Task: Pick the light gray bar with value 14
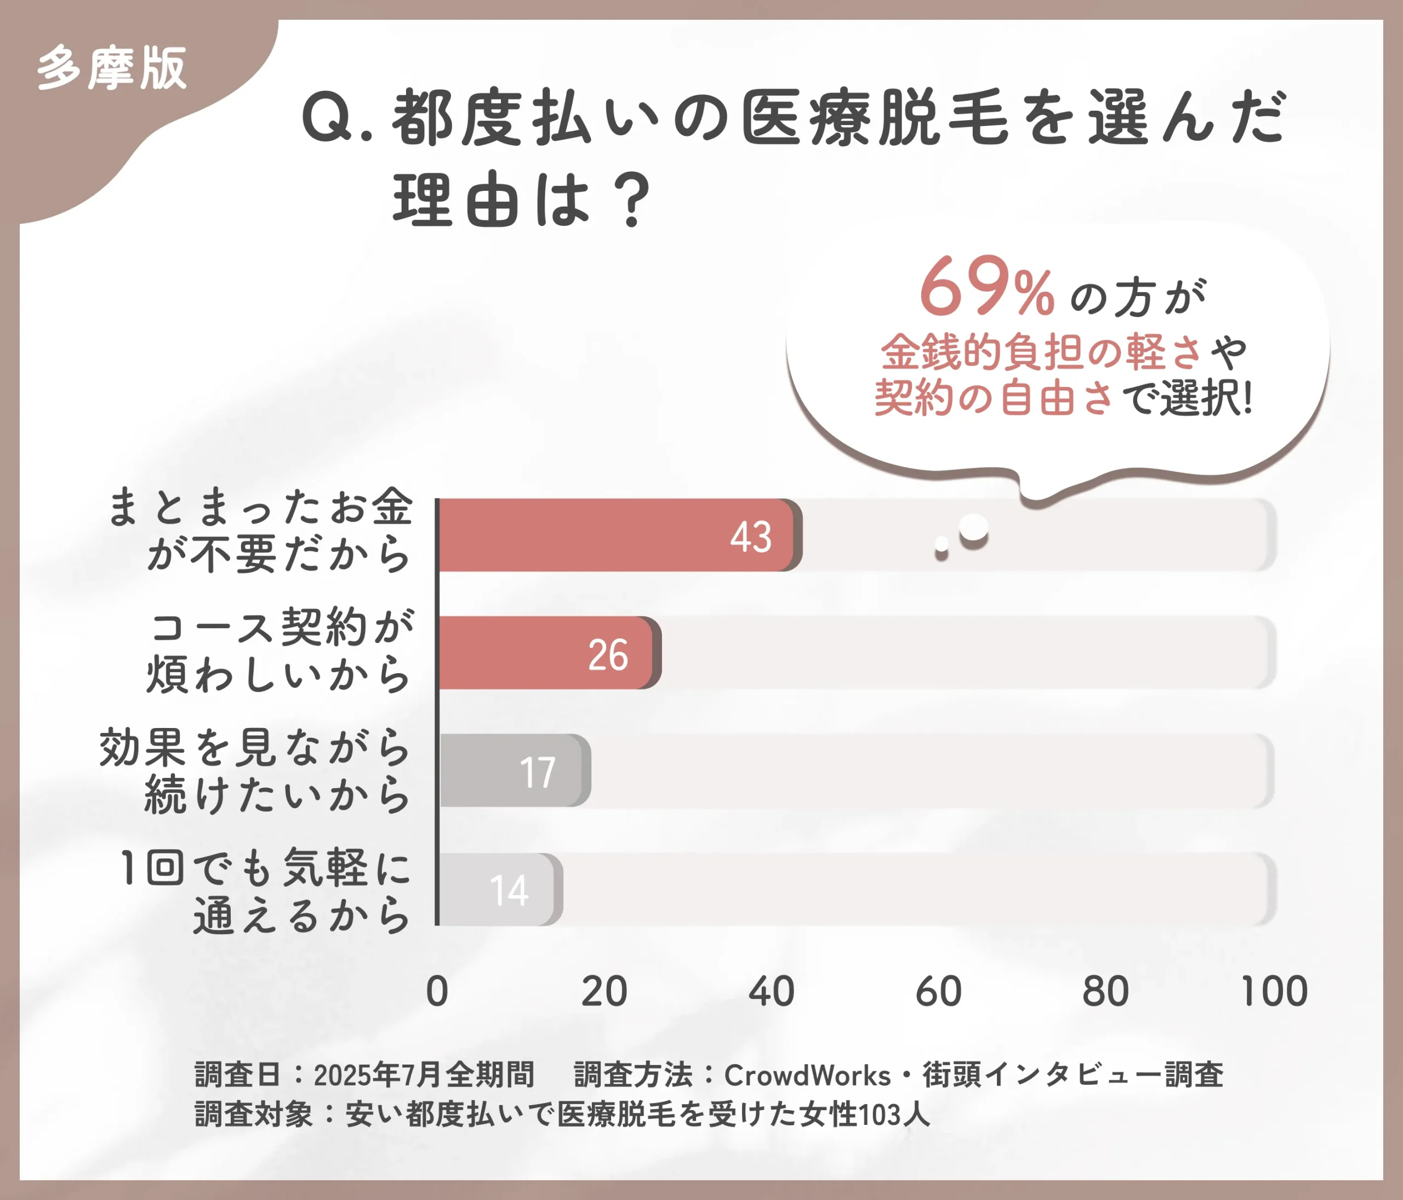[498, 889]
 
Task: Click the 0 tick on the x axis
[437, 992]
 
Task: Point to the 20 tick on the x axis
[604, 992]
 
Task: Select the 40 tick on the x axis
[771, 992]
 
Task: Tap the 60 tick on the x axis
[938, 992]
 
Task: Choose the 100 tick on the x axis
[1274, 992]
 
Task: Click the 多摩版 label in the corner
[112, 69]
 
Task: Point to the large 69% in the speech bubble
[986, 288]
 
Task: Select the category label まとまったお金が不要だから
[261, 530]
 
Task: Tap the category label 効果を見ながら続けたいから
[255, 771]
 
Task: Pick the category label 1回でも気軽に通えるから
[265, 891]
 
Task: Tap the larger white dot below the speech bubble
[974, 527]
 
